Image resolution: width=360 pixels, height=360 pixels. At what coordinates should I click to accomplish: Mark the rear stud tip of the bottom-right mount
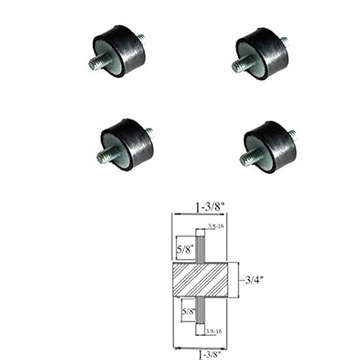pos(297,131)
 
